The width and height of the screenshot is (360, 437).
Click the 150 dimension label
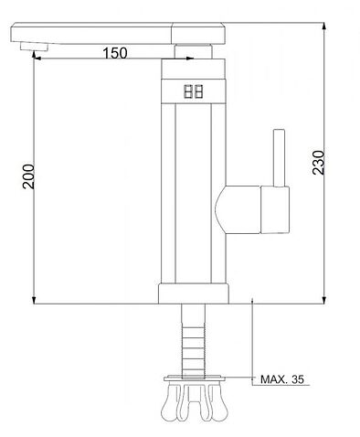pos(115,53)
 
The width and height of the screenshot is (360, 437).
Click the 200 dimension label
pos(28,176)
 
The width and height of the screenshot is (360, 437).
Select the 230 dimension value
pos(319,162)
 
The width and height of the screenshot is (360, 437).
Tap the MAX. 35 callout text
pos(282,379)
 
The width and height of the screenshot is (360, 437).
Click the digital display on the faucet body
pos(194,91)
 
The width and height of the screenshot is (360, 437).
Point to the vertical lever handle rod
pos(279,158)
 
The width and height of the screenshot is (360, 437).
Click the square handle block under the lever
pos(275,210)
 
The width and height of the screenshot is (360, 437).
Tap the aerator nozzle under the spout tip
pos(34,47)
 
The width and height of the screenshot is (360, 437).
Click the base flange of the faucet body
pos(194,293)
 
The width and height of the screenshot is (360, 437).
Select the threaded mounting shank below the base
pos(193,341)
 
